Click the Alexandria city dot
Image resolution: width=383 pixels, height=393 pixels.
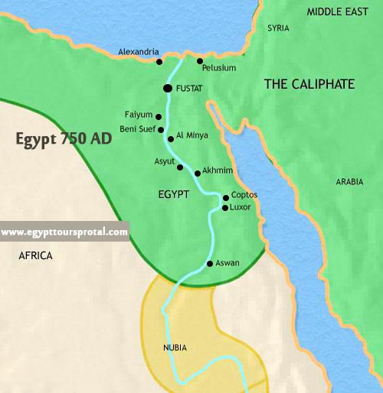click(x=159, y=61)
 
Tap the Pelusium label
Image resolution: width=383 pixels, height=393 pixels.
click(x=219, y=68)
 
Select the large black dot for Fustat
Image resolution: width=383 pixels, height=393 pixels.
click(x=167, y=89)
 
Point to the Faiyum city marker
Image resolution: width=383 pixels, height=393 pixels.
click(x=159, y=117)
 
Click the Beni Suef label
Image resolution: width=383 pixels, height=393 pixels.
click(x=138, y=129)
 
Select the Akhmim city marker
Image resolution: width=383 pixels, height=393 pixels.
click(x=198, y=174)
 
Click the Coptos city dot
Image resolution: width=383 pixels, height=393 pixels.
click(x=225, y=197)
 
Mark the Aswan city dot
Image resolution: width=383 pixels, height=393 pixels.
click(x=210, y=265)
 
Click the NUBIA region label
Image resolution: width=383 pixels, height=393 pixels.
click(x=175, y=348)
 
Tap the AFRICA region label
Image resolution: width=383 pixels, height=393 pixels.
click(x=35, y=256)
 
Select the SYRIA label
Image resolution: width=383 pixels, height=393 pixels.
click(x=278, y=28)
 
